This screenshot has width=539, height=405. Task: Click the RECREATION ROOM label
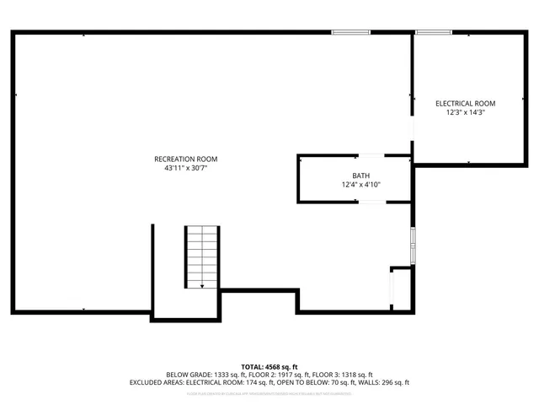[x=185, y=159]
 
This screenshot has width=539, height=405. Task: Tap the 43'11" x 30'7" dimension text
[x=185, y=169]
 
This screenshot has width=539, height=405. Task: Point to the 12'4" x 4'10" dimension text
[x=360, y=185]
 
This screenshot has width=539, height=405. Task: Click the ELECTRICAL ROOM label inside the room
[x=466, y=103]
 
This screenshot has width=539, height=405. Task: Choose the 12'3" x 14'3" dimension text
[x=466, y=112]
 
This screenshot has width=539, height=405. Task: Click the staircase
[x=202, y=256]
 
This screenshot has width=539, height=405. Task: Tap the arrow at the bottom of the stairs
[x=202, y=286]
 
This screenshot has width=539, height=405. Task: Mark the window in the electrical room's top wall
[x=434, y=33]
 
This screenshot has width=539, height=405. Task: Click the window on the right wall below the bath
[x=412, y=245]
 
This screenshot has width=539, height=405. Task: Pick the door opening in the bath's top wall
[x=371, y=156]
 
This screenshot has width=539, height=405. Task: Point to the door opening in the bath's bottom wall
[x=371, y=202]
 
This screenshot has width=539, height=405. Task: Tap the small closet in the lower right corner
[x=402, y=289]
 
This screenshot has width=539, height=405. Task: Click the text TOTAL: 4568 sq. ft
[x=269, y=365]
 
